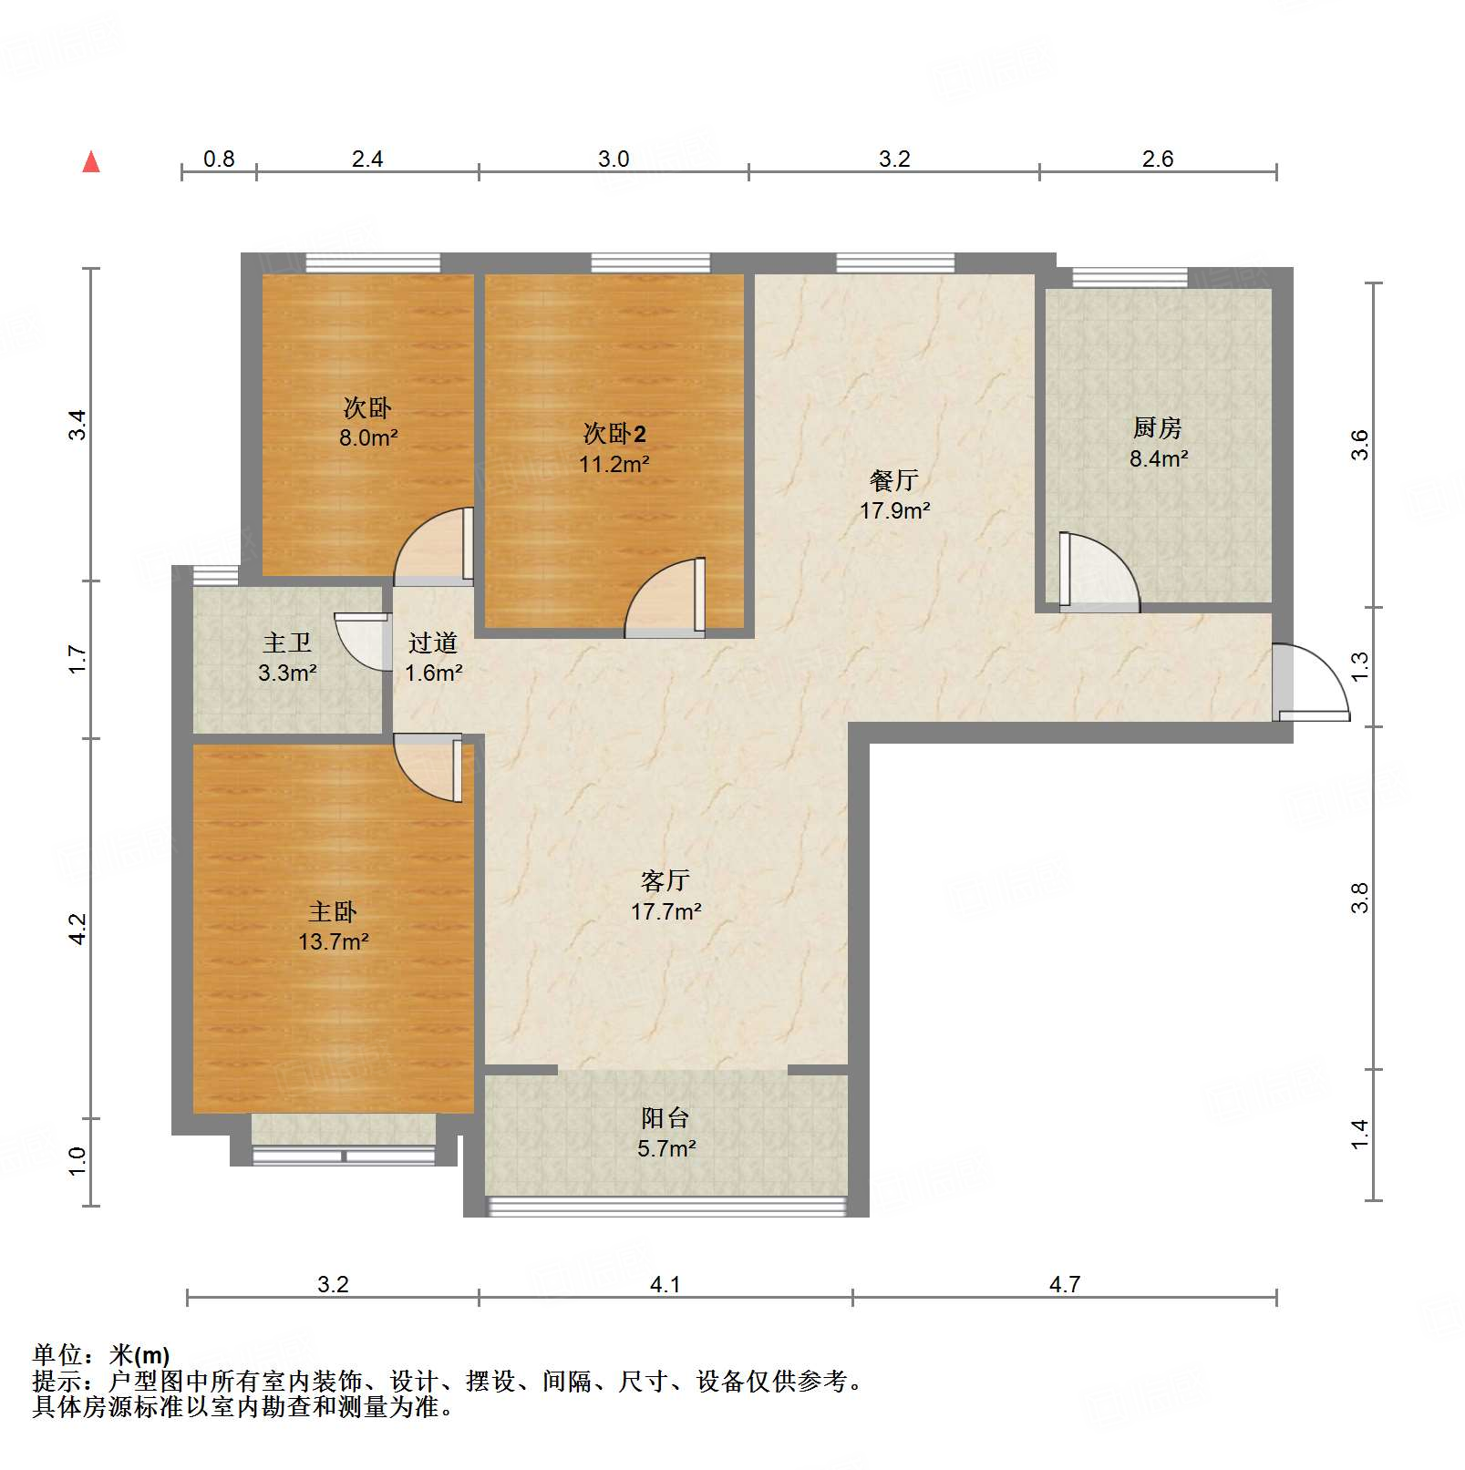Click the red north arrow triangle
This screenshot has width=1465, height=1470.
91,162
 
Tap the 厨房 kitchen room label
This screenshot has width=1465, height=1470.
1157,427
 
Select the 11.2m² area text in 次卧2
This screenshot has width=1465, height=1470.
614,464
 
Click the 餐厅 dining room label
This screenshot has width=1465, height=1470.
893,479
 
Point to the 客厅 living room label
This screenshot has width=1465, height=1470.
665,880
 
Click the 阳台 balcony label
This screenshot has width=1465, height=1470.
665,1117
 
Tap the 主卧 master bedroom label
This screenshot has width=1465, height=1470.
333,911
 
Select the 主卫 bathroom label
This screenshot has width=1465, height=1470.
287,642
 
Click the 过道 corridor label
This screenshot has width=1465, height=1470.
432,642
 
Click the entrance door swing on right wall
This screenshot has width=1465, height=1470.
1313,684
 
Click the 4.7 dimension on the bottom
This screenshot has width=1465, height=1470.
1064,1284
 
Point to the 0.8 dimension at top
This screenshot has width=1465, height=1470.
219,159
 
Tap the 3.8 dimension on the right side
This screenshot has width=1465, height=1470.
1359,898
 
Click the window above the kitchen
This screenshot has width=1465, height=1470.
1130,277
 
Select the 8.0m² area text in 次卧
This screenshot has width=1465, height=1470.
368,437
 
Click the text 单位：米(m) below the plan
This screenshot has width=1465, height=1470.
101,1355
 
